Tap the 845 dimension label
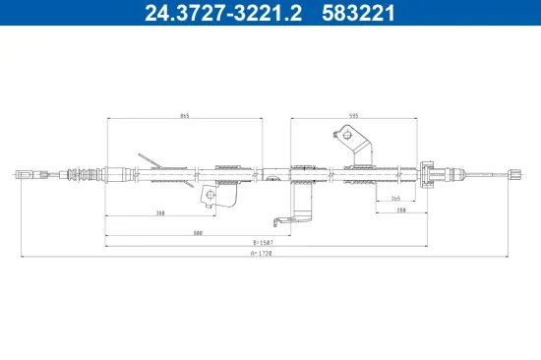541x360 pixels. click(x=184, y=115)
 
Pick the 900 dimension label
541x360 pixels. click(x=198, y=233)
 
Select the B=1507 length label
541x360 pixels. click(x=261, y=242)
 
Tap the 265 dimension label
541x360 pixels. click(x=395, y=199)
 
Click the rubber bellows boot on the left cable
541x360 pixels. click(x=90, y=175)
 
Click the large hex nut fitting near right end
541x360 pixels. click(x=429, y=174)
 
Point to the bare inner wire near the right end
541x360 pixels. click(x=482, y=174)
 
